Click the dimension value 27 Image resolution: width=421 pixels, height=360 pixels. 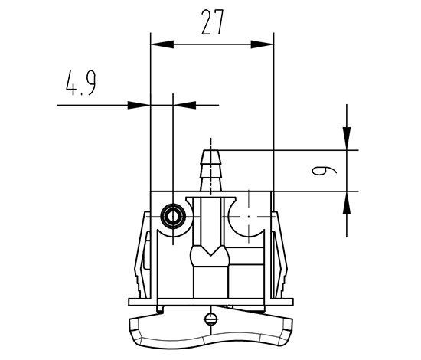point(212,22)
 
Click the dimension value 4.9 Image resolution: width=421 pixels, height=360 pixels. point(81,83)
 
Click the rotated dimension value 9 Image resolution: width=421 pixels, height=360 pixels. point(324,171)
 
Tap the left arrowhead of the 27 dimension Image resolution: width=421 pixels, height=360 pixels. point(162,44)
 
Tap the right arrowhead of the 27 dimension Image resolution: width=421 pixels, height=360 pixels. point(263,44)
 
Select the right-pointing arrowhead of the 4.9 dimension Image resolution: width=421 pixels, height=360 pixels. point(139,105)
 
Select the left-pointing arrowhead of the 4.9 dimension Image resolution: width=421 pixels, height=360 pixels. point(184,105)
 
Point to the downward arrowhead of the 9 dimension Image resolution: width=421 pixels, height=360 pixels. point(346,139)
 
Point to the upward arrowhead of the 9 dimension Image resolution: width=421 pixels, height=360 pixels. point(346,203)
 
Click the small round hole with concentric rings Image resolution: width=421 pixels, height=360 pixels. point(173,216)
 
